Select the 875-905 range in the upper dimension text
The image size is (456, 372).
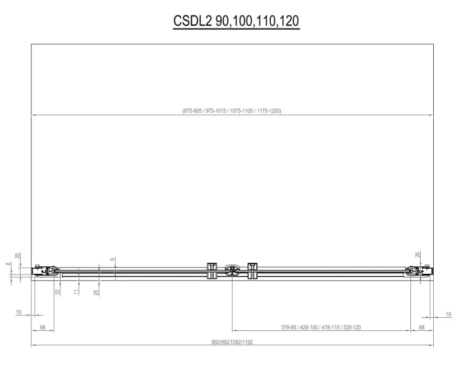tap(192, 111)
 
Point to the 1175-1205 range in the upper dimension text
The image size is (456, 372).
tap(268, 111)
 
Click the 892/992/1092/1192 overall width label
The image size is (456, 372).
tap(232, 342)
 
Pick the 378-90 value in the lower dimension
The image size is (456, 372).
tap(288, 327)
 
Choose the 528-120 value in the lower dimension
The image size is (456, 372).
tap(352, 327)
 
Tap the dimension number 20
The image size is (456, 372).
tap(18, 256)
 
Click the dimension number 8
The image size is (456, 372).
tap(8, 264)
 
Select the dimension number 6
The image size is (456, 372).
tap(112, 260)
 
